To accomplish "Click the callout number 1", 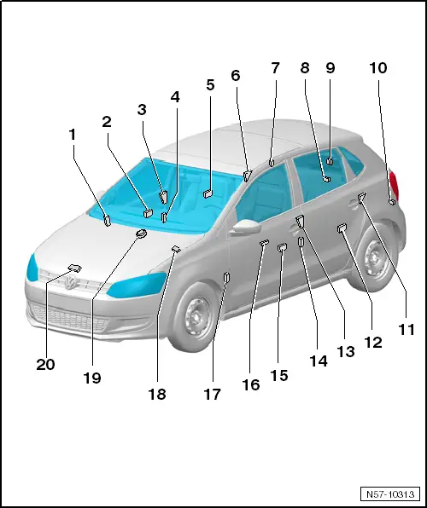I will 73,134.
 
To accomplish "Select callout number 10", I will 377,67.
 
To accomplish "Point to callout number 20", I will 45,364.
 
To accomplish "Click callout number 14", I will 319,361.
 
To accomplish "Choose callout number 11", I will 406,328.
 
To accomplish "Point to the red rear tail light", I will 394,185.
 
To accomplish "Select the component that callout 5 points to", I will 208,195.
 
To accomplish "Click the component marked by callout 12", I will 342,228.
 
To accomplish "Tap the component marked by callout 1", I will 107,222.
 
